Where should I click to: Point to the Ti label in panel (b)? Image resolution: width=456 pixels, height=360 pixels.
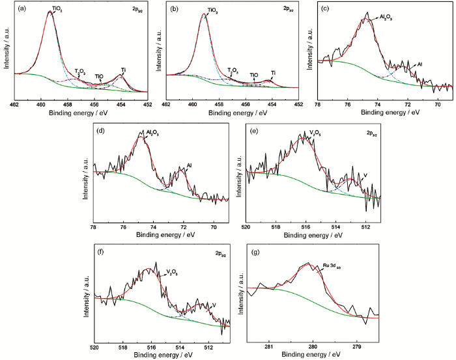point(274,72)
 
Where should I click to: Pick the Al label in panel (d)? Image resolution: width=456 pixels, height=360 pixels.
point(189,166)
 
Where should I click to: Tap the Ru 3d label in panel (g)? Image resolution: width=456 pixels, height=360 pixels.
point(328,265)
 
